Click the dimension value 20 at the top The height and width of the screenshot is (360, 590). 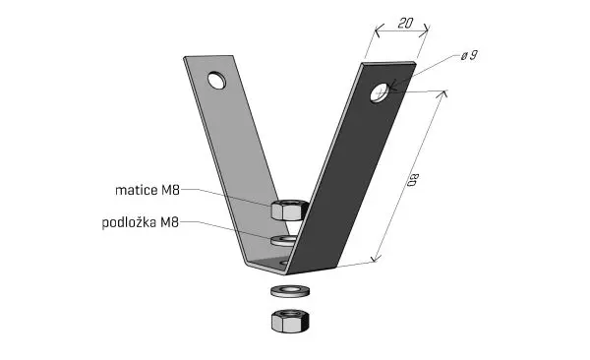tap(405, 24)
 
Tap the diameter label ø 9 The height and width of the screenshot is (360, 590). tap(469, 56)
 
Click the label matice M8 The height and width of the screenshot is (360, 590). tap(147, 190)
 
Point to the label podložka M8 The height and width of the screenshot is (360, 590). tap(141, 222)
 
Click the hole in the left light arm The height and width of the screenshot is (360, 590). tap(216, 80)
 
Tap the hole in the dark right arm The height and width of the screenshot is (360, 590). tap(380, 92)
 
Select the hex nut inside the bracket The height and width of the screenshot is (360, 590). tap(289, 210)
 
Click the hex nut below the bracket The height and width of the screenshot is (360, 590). tap(290, 321)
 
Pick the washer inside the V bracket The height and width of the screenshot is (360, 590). tap(283, 240)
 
